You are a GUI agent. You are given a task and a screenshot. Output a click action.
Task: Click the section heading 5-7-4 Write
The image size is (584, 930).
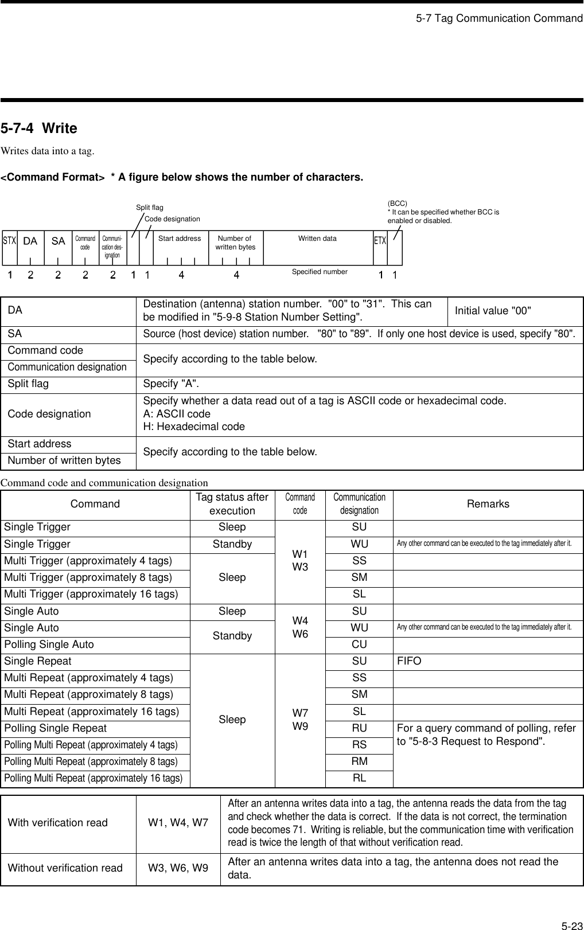39,128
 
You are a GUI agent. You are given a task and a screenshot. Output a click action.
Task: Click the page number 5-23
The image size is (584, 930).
571,925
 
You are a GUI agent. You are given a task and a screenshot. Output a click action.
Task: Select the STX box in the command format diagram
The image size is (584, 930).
9,241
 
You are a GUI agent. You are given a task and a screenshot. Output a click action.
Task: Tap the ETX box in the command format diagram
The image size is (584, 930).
380,241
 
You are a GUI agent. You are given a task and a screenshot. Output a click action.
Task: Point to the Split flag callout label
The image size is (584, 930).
150,208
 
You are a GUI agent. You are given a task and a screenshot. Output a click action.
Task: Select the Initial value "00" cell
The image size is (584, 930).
493,311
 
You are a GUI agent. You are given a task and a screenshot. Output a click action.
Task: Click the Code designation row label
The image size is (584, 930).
49,414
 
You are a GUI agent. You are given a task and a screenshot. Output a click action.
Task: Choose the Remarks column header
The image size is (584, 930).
488,504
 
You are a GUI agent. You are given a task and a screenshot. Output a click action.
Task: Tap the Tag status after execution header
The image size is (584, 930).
232,504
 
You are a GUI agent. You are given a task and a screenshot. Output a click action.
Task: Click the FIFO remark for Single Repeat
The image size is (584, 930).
409,661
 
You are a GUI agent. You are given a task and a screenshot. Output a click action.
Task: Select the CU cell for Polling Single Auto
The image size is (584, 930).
359,644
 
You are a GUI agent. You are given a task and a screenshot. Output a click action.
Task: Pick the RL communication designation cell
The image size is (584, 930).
359,778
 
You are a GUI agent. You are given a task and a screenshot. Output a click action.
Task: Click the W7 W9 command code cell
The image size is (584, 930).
300,720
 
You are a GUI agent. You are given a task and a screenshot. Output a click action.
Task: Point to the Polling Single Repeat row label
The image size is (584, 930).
56,728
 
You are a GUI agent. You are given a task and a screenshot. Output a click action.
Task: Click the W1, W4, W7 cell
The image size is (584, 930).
178,823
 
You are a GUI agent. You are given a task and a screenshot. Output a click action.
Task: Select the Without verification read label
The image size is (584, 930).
65,868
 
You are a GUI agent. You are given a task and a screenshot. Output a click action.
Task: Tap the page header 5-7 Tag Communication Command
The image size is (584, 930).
499,18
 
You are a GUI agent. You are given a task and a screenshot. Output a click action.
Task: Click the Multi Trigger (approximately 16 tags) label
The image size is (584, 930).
91,594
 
